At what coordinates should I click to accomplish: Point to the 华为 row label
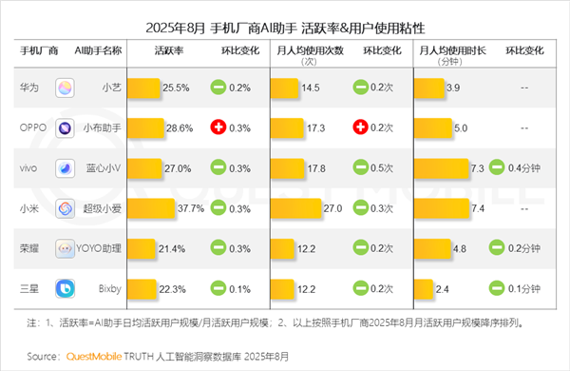coord(30,88)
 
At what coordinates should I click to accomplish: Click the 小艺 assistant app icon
coord(66,88)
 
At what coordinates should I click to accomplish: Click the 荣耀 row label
coord(30,247)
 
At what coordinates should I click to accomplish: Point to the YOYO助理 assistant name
coord(101,247)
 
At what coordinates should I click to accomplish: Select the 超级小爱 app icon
coord(66,207)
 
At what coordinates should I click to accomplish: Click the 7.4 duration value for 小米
coord(478,207)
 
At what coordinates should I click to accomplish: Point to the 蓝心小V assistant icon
coord(66,167)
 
